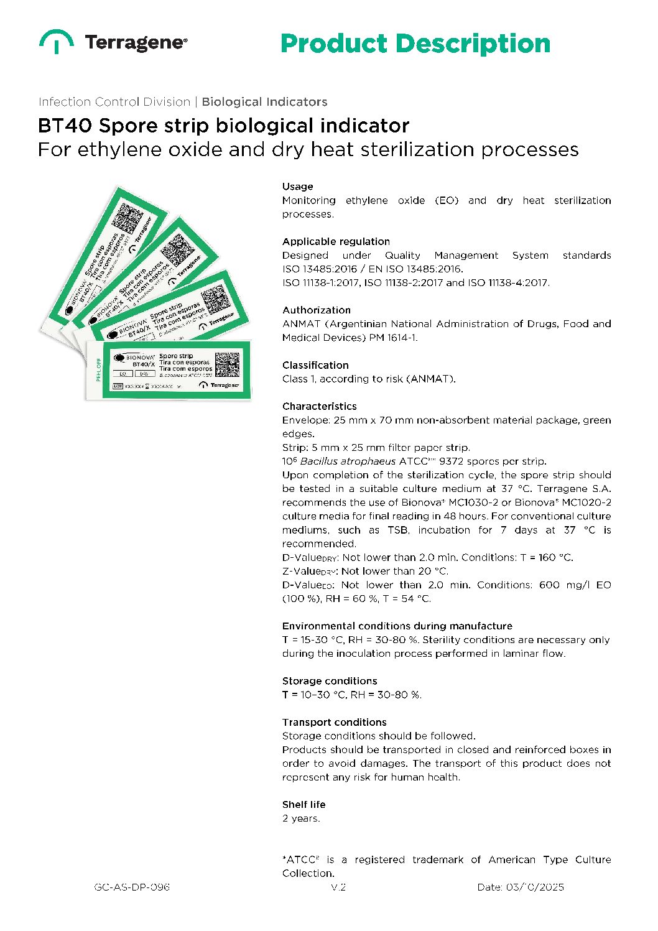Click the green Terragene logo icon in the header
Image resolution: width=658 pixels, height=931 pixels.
pyautogui.click(x=57, y=42)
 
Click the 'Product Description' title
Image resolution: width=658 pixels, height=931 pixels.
pyautogui.click(x=415, y=44)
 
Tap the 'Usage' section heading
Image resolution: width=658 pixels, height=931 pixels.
pyautogui.click(x=298, y=187)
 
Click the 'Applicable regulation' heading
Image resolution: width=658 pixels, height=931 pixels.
pyautogui.click(x=336, y=241)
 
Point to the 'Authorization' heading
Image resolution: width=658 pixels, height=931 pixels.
pyautogui.click(x=317, y=310)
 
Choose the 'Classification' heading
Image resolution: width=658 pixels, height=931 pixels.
pyautogui.click(x=315, y=365)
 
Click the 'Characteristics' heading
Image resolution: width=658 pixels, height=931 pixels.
pyautogui.click(x=320, y=406)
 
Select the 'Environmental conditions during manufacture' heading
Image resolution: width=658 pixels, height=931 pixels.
pyautogui.click(x=397, y=626)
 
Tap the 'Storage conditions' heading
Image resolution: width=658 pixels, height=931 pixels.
pyautogui.click(x=330, y=681)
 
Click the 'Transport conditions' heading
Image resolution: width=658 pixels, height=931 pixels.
pyautogui.click(x=335, y=722)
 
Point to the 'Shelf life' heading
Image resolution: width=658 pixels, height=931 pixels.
pyautogui.click(x=304, y=804)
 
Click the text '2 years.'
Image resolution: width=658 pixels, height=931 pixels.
pyautogui.click(x=301, y=818)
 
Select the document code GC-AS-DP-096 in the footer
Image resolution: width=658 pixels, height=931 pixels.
pyautogui.click(x=132, y=887)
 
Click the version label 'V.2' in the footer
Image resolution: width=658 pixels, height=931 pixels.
pyautogui.click(x=338, y=887)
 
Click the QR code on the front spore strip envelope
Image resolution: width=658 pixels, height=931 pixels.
pyautogui.click(x=227, y=364)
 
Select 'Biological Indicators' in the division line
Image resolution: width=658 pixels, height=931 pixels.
pyautogui.click(x=264, y=102)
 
